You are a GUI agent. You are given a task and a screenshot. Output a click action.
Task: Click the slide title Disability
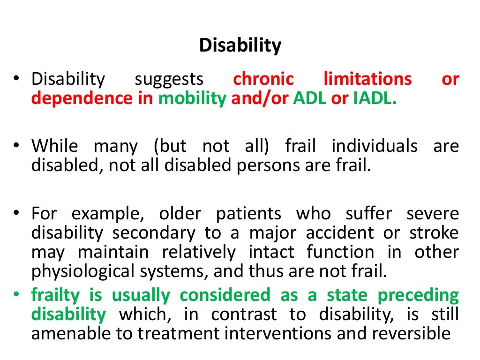click(240, 45)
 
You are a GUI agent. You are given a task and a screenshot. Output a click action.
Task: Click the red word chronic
click(263, 79)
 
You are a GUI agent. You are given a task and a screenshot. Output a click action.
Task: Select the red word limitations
click(367, 79)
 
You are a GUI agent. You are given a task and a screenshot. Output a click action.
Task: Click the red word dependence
click(75, 98)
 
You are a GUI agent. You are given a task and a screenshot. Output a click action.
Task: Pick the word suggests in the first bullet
click(169, 79)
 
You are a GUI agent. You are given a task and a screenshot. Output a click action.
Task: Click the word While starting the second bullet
click(55, 147)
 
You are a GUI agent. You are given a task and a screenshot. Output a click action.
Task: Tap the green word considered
click(225, 295)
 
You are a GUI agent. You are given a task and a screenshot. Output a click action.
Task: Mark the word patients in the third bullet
click(248, 214)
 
